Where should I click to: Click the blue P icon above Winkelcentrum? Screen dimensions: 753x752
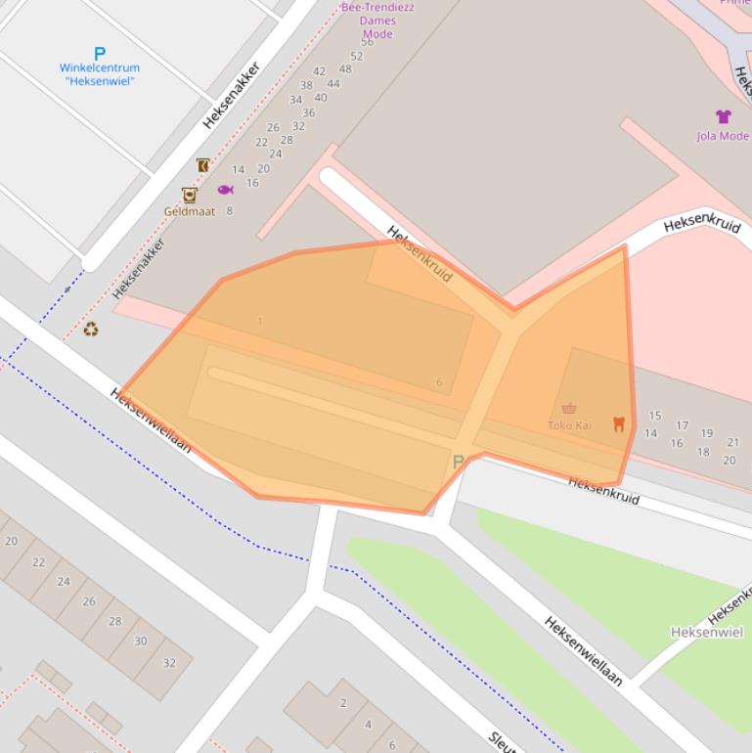coord(99,54)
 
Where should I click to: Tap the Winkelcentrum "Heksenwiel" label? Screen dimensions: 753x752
coord(99,74)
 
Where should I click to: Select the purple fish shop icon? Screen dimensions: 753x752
coord(225,190)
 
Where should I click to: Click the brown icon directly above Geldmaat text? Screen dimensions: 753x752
coord(189,195)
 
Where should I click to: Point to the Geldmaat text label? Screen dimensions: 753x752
coord(189,211)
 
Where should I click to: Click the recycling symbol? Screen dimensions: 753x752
coord(91,331)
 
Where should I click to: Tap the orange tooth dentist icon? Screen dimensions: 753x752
coord(618,423)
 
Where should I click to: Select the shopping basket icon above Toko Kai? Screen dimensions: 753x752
coord(569,409)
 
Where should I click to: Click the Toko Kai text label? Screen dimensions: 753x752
coord(569,425)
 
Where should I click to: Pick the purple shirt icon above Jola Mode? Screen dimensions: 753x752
coord(723,117)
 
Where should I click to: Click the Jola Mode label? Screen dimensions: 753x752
coord(723,136)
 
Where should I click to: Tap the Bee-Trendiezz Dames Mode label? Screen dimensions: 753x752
coord(376,21)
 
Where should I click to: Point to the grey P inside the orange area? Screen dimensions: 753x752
coord(457,461)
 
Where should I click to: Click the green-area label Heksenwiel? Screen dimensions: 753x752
coord(707,633)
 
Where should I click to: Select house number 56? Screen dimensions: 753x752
coord(367,42)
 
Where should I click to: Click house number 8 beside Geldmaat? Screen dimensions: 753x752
coord(230,210)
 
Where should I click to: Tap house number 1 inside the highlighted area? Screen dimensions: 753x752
coord(259,322)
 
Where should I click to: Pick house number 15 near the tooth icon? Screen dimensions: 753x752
coord(654,416)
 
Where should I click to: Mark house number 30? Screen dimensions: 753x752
coord(140,642)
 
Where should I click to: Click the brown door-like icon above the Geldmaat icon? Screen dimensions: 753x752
coord(202,165)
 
